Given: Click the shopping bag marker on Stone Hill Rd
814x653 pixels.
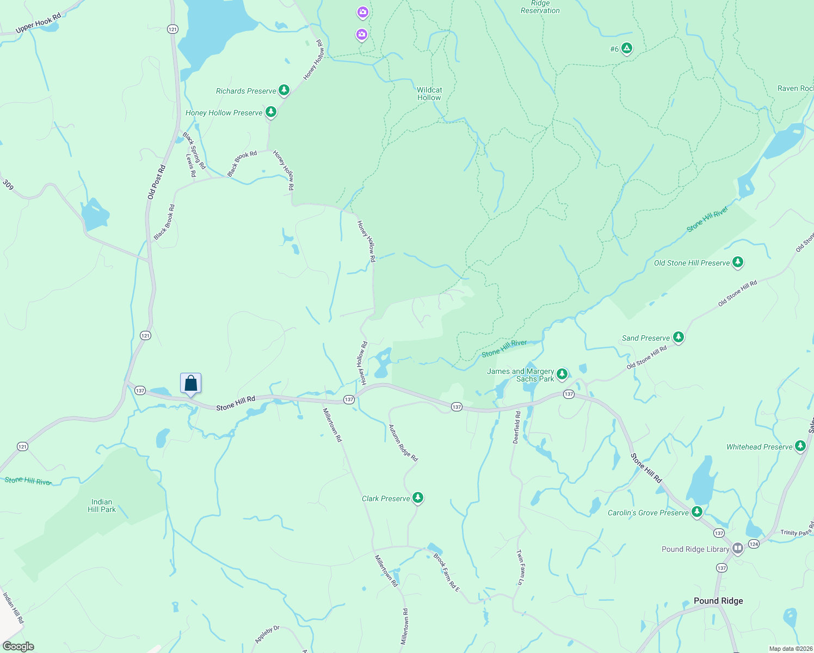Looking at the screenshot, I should [x=191, y=383].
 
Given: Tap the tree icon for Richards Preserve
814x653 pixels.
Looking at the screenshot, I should [x=283, y=90].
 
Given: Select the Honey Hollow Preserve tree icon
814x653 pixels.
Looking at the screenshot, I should [x=270, y=112].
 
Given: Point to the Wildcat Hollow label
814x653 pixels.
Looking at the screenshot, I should [x=429, y=94].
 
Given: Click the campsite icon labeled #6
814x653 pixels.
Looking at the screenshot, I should [x=627, y=49].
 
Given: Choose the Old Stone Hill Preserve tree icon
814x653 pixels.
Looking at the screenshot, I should [x=737, y=262].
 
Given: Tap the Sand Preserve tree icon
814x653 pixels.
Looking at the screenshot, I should [x=678, y=337].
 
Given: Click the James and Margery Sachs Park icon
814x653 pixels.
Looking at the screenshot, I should [x=562, y=374].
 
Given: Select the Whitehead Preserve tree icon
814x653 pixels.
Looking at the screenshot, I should [x=800, y=446].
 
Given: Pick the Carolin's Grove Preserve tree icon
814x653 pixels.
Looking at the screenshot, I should [x=696, y=512].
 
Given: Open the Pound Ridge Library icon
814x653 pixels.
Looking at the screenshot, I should [x=738, y=549].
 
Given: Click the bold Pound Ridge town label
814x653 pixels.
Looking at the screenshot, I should [x=718, y=601].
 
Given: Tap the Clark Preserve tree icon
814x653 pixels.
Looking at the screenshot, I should [x=417, y=498].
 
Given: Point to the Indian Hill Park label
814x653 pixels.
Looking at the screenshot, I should [x=102, y=506].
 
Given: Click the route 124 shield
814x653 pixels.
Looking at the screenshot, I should [x=754, y=544].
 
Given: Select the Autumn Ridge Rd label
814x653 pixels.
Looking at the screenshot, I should [x=403, y=443].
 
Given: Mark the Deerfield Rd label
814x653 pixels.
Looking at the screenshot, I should [x=517, y=427].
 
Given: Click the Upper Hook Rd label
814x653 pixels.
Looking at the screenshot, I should [x=38, y=23].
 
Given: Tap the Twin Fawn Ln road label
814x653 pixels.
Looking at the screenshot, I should [x=520, y=567].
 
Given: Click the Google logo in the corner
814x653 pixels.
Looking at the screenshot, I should [x=18, y=646].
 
